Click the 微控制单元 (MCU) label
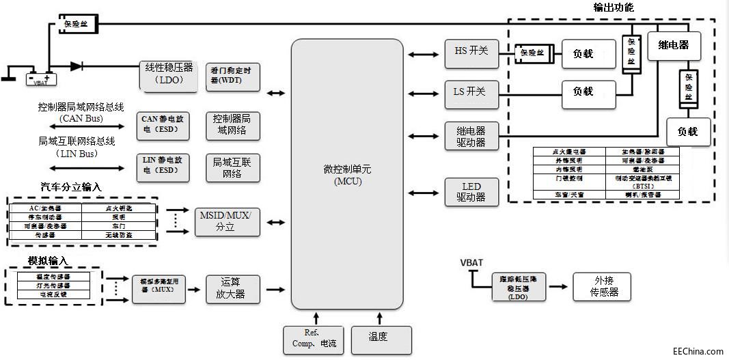tap(347, 176)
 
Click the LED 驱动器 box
tap(471, 192)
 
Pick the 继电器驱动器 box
tap(471, 136)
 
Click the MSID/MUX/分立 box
tap(227, 221)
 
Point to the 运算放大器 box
tap(232, 289)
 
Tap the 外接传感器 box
tap(601, 286)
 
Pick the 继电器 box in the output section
tap(673, 47)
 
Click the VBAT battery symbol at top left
tap(40, 78)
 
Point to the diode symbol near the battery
tap(77, 66)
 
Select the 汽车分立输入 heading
tap(72, 187)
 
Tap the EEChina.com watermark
tap(698, 351)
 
